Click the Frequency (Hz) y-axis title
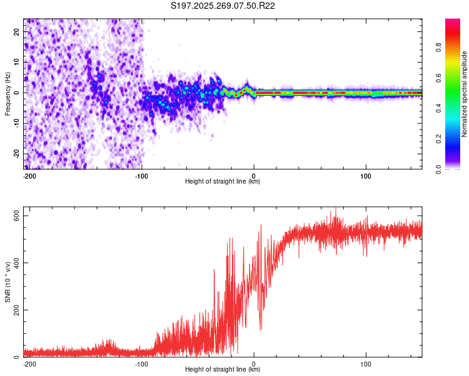pos(7,93)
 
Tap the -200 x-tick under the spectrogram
pos(29,175)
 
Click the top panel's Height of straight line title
pos(223,182)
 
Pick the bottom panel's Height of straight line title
pos(223,370)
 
